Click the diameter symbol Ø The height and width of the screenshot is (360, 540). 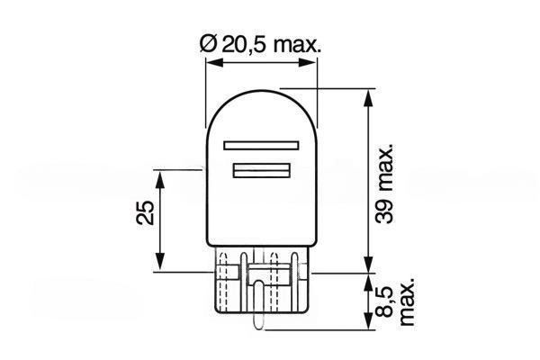click(208, 45)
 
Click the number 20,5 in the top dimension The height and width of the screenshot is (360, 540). click(244, 45)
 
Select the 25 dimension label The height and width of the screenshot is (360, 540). click(145, 212)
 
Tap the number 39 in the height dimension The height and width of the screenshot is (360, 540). click(383, 211)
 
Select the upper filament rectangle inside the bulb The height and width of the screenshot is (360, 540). click(261, 145)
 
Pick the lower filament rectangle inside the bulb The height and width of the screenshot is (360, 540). click(262, 170)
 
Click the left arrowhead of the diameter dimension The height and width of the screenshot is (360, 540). click(212, 62)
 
